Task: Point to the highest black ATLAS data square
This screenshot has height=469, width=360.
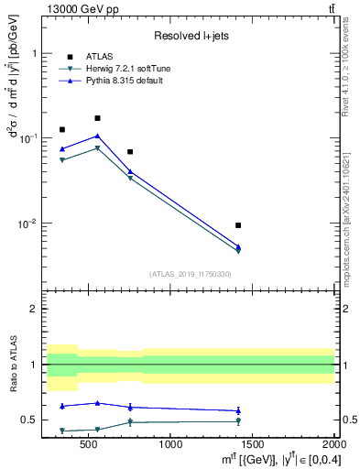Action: (x=97, y=118)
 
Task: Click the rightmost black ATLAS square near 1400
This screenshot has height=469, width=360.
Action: (x=238, y=224)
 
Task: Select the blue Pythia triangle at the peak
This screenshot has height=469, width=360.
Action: (x=97, y=136)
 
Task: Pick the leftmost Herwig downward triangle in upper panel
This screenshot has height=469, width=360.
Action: (x=62, y=160)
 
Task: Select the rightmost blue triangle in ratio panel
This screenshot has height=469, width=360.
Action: (x=238, y=410)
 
